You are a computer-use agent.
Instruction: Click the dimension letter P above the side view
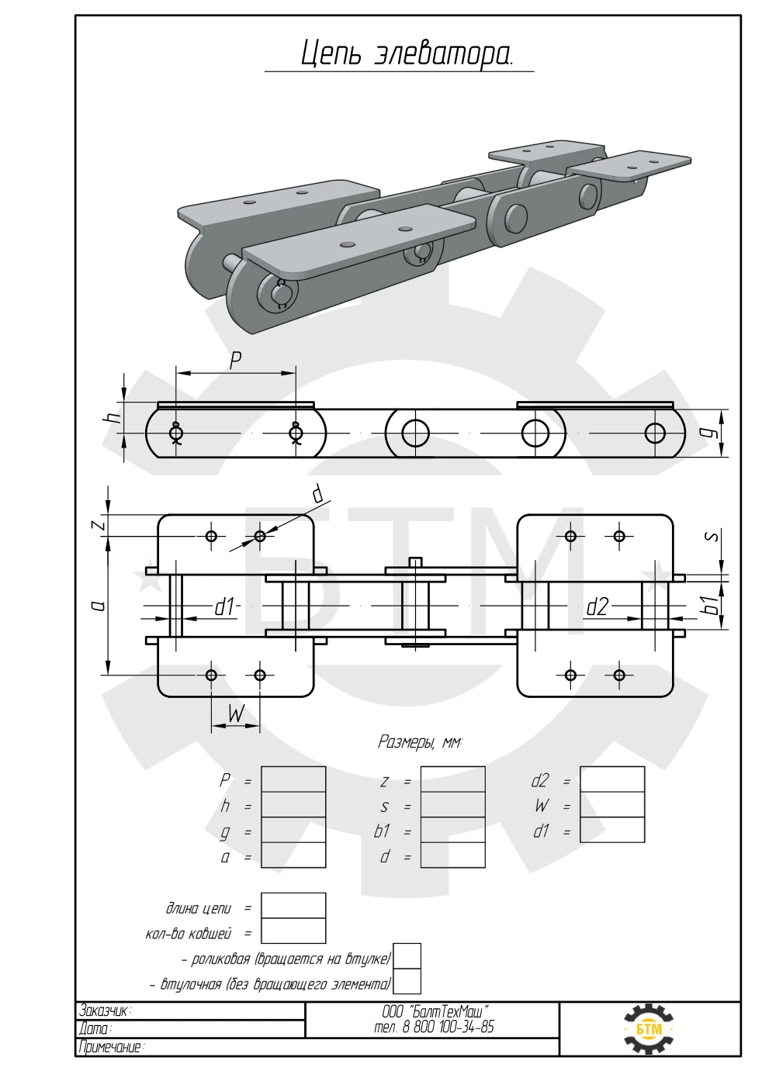(x=235, y=361)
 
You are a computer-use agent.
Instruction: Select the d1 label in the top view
(x=224, y=608)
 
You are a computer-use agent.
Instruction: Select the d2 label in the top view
(x=597, y=608)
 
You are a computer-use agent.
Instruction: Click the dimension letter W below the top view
(x=236, y=714)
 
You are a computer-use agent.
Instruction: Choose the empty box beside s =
(x=453, y=805)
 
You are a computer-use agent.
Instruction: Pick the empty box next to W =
(x=612, y=805)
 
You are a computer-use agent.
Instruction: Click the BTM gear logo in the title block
(x=649, y=1029)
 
